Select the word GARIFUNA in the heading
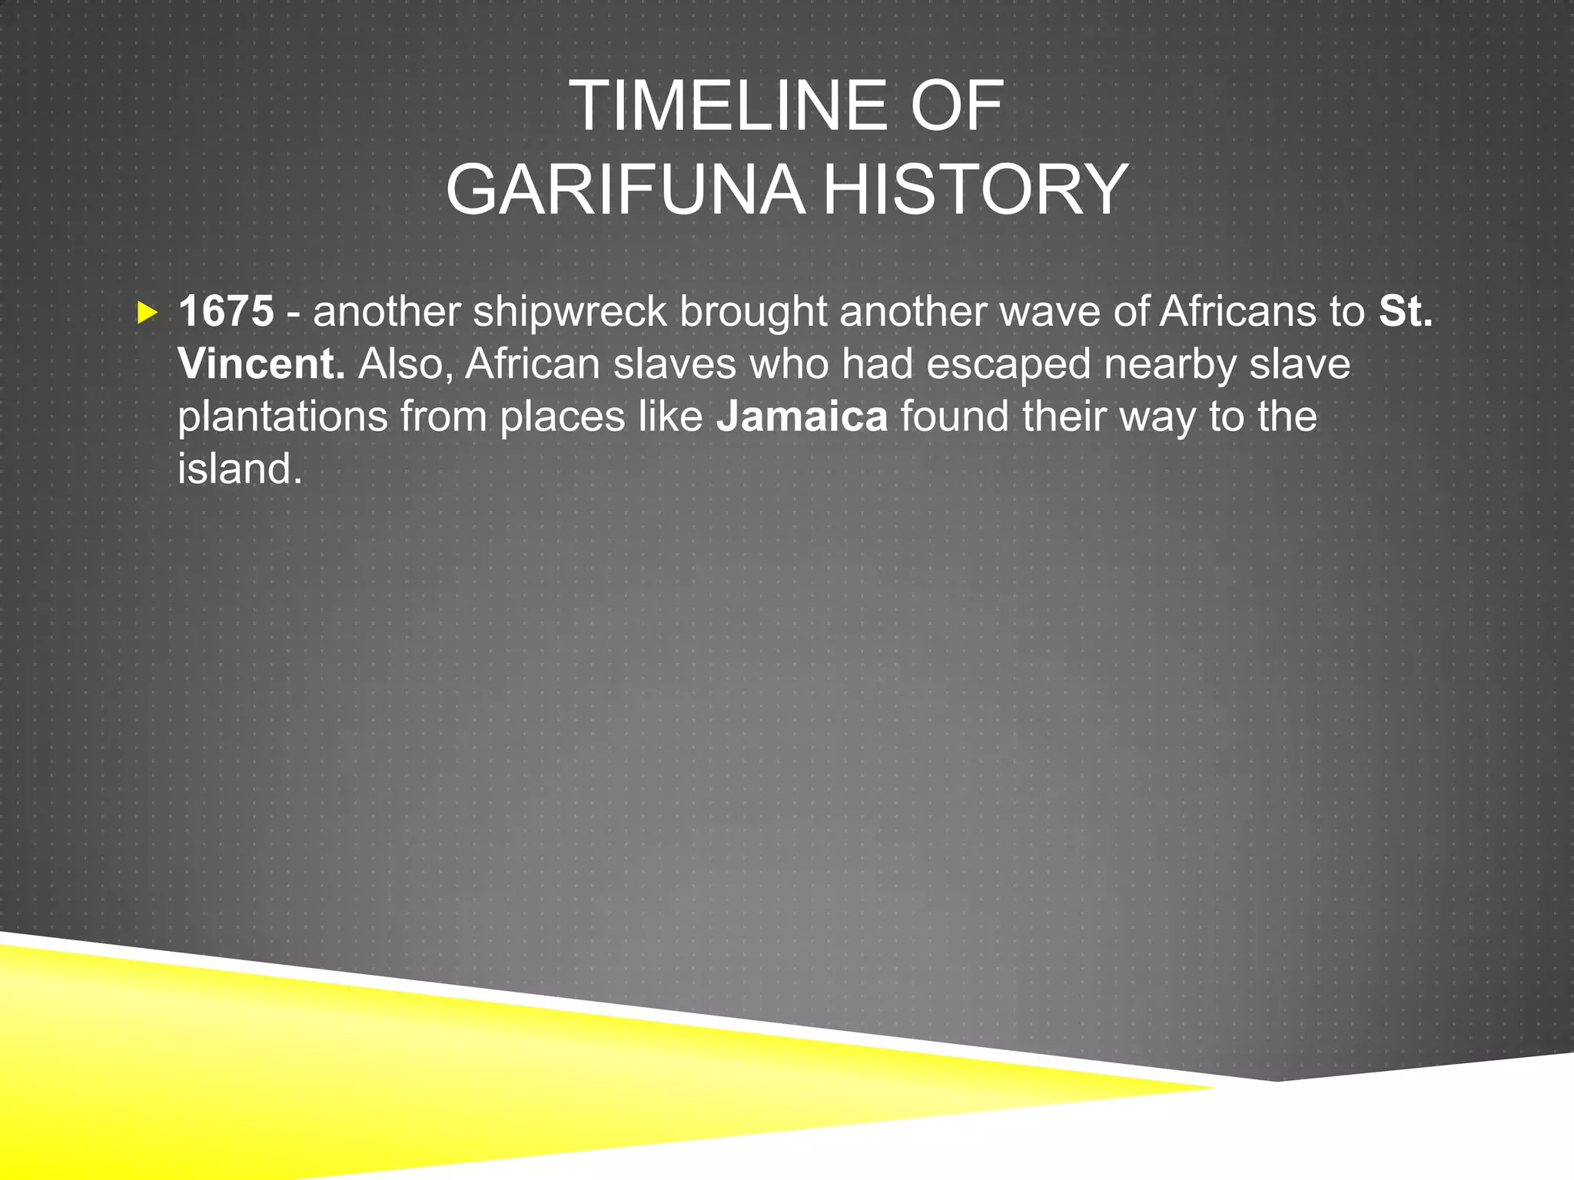pos(626,191)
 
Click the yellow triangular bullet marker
pos(147,313)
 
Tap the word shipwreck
pos(569,313)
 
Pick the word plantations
pos(283,417)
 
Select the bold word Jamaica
pos(802,416)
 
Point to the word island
pos(240,468)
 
